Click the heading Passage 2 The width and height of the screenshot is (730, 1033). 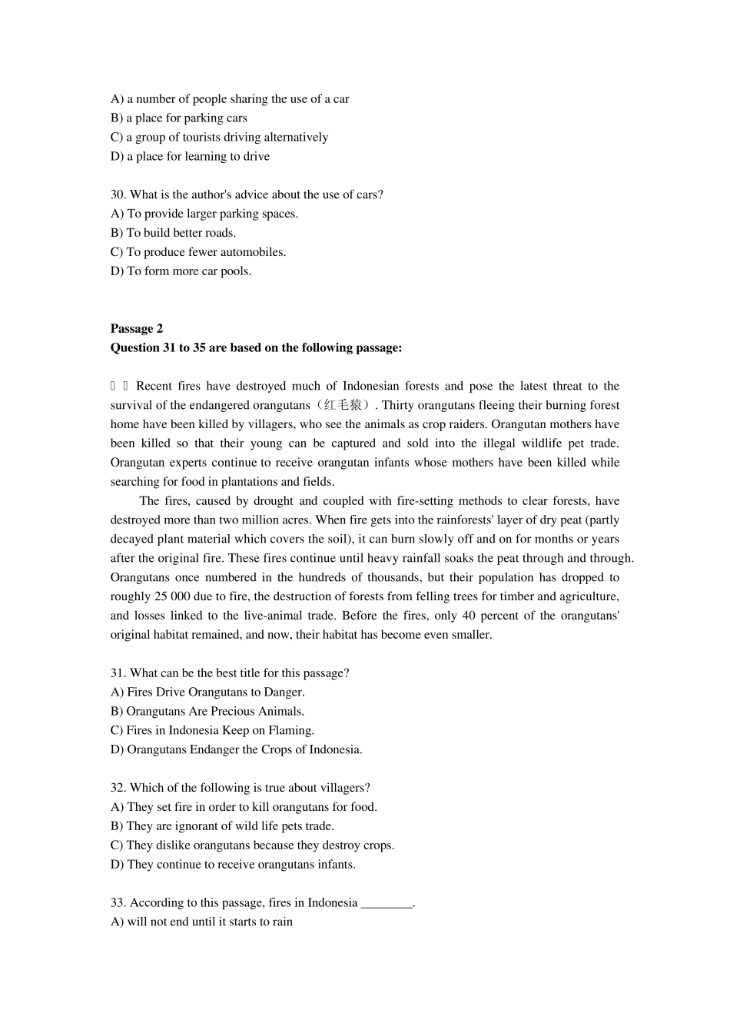(137, 329)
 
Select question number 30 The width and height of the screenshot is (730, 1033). (118, 194)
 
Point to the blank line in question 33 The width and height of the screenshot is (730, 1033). (387, 903)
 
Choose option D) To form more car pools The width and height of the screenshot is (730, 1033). (181, 271)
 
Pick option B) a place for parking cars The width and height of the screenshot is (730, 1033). (179, 118)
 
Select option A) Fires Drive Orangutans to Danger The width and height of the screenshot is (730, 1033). (207, 693)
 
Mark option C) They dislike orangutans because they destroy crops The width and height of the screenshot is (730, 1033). (252, 845)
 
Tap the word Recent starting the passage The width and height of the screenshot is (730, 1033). (154, 386)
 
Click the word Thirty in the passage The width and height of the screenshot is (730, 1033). (397, 405)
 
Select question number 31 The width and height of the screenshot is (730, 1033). (118, 673)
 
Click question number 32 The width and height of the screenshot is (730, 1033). (118, 788)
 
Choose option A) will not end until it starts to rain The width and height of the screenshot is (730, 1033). (201, 922)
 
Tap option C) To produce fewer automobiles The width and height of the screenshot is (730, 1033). (198, 252)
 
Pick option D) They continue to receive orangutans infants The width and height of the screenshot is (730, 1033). (233, 865)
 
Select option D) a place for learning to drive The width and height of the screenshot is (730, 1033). (190, 157)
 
